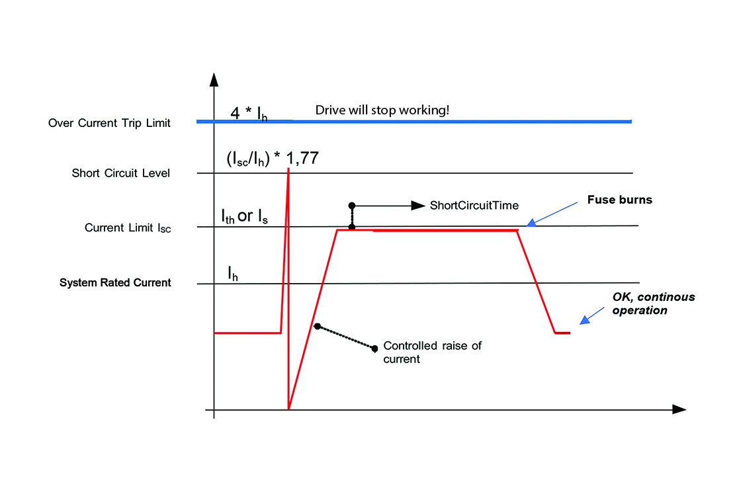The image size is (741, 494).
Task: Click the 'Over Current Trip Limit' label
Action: click(x=109, y=123)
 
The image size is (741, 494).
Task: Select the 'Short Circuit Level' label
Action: click(x=121, y=174)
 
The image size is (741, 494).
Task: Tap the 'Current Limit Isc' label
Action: click(x=128, y=228)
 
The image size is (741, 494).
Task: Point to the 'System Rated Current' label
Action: click(x=115, y=283)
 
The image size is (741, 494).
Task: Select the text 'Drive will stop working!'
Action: click(x=382, y=110)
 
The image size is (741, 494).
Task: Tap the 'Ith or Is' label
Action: click(x=245, y=216)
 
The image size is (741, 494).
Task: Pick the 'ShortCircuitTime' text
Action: click(x=474, y=206)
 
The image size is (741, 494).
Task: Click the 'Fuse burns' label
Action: click(x=621, y=200)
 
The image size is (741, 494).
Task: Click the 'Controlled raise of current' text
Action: click(x=432, y=352)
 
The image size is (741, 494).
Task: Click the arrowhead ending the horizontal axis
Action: click(x=679, y=409)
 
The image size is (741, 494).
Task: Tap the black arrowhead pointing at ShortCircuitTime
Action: click(x=418, y=206)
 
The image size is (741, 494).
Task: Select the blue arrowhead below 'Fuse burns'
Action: click(x=531, y=224)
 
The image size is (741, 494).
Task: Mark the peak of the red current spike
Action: click(x=288, y=169)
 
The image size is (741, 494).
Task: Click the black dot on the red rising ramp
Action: click(x=318, y=326)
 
